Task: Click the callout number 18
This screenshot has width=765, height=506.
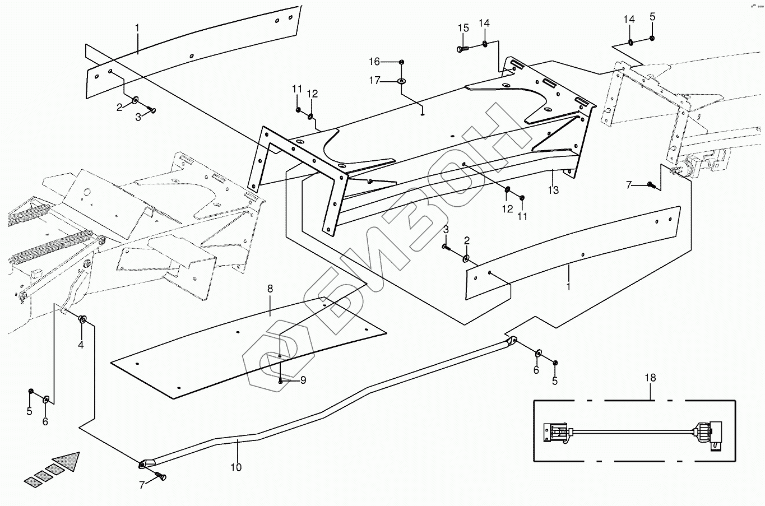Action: pos(650,378)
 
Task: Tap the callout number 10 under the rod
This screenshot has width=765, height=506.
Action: pos(236,467)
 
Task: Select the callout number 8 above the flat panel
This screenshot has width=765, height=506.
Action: pos(270,289)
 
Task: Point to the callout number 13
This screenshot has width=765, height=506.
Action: pos(553,191)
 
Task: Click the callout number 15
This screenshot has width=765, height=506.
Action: pos(463,28)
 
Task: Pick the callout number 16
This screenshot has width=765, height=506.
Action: pos(374,61)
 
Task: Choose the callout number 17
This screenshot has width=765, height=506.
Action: pos(374,81)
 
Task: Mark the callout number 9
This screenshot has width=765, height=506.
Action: pos(303,380)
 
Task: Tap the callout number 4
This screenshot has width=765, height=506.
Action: pos(81,345)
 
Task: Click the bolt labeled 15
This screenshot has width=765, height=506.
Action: pos(462,49)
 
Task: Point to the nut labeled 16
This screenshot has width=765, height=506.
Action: pos(402,61)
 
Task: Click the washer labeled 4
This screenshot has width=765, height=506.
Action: pos(83,319)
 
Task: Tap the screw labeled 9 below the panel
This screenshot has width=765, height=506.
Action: pos(281,380)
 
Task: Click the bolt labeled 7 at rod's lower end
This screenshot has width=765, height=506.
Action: pos(161,477)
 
